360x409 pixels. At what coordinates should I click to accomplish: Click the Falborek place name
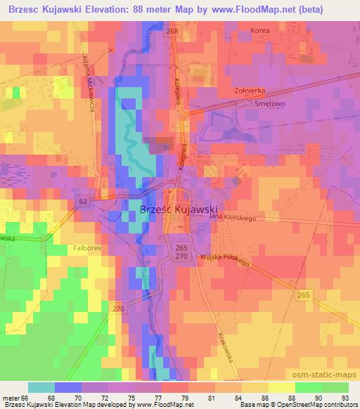pyautogui.click(x=88, y=247)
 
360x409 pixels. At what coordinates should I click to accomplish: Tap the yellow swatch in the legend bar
pyautogui.click(x=280, y=387)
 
